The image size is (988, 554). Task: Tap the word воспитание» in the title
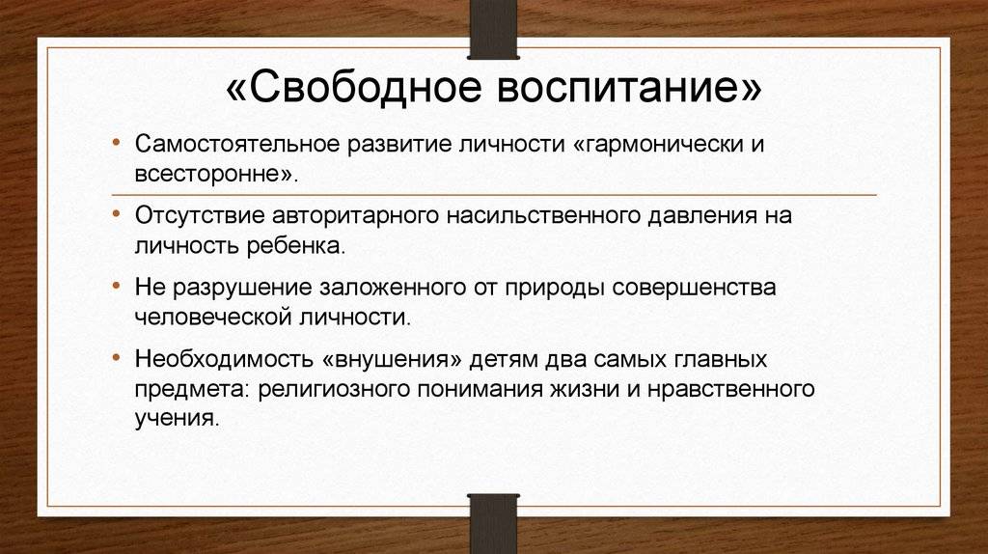[x=629, y=87]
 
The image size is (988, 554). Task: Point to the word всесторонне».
[x=216, y=174]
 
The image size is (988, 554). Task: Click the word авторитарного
[x=355, y=217]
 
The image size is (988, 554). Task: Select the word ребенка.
[x=296, y=245]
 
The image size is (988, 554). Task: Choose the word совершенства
[x=694, y=288]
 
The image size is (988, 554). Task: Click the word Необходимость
[x=224, y=359]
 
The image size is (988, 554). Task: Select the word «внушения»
[x=392, y=360]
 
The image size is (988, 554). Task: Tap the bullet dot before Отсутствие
[x=116, y=215]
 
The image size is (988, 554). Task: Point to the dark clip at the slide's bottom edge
[x=493, y=524]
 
